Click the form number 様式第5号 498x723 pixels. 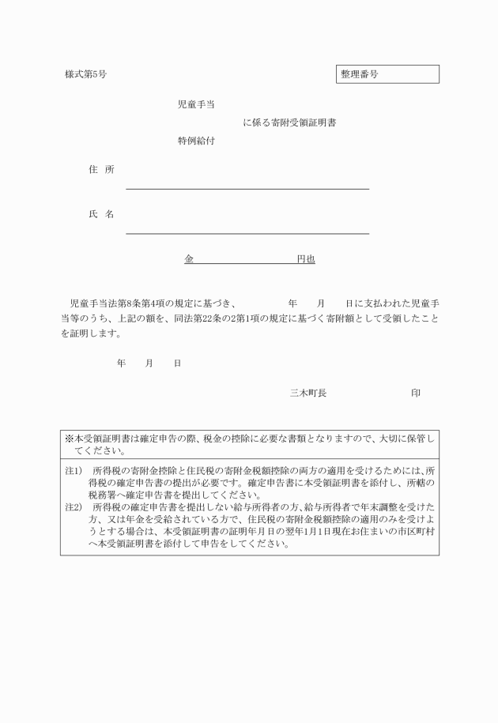(85, 74)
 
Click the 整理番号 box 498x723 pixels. (387, 74)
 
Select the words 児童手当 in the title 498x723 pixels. (198, 104)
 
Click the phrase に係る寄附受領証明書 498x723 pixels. (289, 122)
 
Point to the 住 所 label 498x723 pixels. (101, 170)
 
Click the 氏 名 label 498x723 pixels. (101, 214)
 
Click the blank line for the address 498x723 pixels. (247, 188)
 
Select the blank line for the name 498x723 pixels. (247, 232)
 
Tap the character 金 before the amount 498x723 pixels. (189, 258)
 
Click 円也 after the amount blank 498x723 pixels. (305, 258)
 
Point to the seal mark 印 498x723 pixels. (416, 392)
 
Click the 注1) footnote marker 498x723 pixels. (73, 470)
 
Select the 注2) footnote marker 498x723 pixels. (73, 504)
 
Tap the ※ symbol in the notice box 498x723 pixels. (69, 438)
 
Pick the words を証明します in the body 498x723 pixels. (91, 333)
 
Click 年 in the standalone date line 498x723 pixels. (121, 363)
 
